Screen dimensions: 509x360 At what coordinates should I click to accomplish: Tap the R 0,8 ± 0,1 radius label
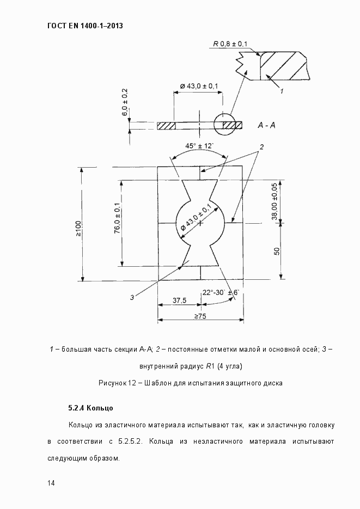pyautogui.click(x=230, y=44)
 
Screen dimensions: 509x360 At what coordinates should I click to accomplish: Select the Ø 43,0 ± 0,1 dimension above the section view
pyautogui.click(x=199, y=86)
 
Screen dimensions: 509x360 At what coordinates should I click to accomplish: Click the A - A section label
pyautogui.click(x=266, y=125)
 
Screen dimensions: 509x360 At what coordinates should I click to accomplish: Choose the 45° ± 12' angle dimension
pyautogui.click(x=199, y=146)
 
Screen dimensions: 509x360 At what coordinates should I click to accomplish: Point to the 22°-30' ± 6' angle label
pyautogui.click(x=221, y=292)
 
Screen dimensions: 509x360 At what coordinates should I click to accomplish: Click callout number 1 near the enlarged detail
pyautogui.click(x=282, y=91)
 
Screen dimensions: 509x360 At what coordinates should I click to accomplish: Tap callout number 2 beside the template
pyautogui.click(x=261, y=147)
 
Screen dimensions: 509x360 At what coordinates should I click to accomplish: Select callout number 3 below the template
pyautogui.click(x=132, y=297)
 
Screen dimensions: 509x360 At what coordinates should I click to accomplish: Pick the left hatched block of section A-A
pyautogui.click(x=167, y=126)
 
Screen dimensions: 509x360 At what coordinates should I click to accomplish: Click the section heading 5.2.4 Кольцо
pyautogui.click(x=90, y=407)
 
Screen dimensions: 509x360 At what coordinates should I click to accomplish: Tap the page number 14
pyautogui.click(x=51, y=483)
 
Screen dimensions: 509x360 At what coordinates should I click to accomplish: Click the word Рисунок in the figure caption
pyautogui.click(x=112, y=383)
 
